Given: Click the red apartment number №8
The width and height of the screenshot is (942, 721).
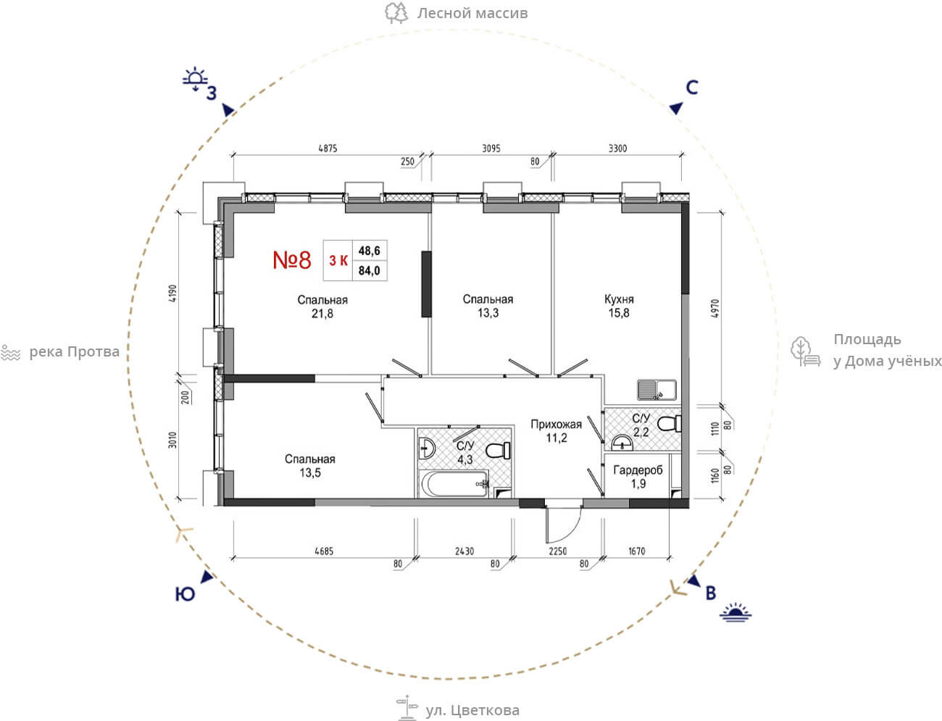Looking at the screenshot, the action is click(x=292, y=259).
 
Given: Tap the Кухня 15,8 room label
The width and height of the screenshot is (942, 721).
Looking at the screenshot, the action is click(x=619, y=306).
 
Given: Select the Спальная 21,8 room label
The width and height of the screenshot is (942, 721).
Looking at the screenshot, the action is click(x=322, y=307).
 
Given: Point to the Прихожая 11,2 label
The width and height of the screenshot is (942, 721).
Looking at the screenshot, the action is click(x=557, y=431).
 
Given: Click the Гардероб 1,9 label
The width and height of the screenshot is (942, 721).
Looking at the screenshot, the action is click(x=638, y=477).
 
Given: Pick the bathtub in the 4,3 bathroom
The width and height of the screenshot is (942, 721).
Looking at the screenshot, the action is click(x=455, y=483).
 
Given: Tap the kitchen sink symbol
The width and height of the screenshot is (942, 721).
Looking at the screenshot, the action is click(x=657, y=390).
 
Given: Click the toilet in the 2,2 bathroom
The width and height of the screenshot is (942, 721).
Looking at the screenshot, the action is click(x=669, y=423).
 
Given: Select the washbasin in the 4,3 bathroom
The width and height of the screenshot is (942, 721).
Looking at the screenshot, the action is click(x=427, y=449).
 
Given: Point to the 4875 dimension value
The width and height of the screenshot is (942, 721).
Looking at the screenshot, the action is click(x=328, y=149).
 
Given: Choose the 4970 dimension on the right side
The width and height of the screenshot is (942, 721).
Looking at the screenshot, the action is click(x=714, y=309).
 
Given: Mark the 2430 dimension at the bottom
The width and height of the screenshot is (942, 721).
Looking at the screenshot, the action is click(x=464, y=551).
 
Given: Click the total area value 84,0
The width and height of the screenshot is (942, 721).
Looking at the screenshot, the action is click(x=370, y=271).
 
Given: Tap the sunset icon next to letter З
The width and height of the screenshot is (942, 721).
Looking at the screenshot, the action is click(x=195, y=79).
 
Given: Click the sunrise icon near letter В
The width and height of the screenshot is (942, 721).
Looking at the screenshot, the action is click(x=735, y=612).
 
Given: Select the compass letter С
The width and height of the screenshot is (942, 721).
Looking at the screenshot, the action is click(x=692, y=88).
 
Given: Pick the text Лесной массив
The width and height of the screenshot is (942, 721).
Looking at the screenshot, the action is click(x=472, y=13).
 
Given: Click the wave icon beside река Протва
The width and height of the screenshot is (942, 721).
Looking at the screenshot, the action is click(x=11, y=352).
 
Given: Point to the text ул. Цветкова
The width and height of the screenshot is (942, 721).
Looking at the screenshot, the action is click(x=472, y=710).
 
